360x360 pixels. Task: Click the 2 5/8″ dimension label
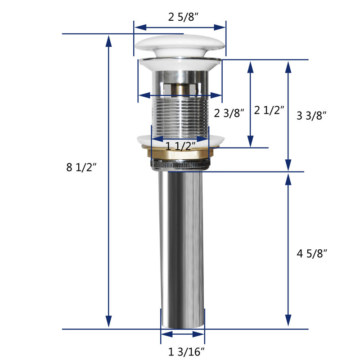183,17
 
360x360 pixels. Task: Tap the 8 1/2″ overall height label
81,167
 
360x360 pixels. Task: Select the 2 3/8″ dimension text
229,113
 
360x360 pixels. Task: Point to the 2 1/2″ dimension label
269,110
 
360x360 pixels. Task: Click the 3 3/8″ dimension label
311,115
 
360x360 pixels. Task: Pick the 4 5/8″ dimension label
312,253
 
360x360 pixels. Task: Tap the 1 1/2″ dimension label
180,146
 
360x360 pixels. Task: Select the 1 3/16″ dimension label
186,351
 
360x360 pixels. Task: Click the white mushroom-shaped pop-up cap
180,46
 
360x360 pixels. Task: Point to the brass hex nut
178,153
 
